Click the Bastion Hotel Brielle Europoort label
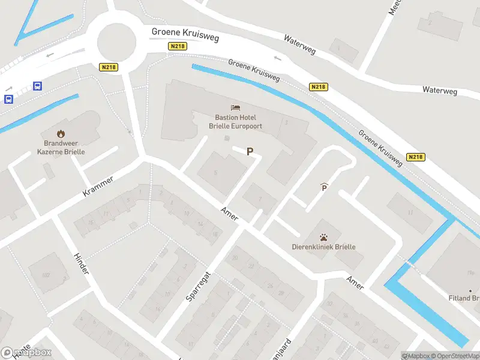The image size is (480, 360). tap(235, 122)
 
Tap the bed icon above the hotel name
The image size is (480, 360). tap(235, 108)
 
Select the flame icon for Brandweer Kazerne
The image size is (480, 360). tap(60, 133)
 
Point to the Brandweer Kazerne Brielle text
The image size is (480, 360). tap(64, 148)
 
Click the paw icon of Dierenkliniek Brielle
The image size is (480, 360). tap(323, 237)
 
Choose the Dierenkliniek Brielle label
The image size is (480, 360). tap(323, 247)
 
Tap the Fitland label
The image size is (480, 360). tap(463, 298)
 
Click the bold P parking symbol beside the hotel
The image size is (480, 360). tap(250, 152)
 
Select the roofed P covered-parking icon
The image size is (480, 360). tap(325, 187)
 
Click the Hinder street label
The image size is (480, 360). tap(80, 263)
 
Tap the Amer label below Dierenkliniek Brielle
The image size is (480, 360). tap(355, 283)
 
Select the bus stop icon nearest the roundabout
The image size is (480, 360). tap(38, 86)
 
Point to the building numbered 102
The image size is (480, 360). tap(46, 275)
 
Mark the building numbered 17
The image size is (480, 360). tap(410, 212)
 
